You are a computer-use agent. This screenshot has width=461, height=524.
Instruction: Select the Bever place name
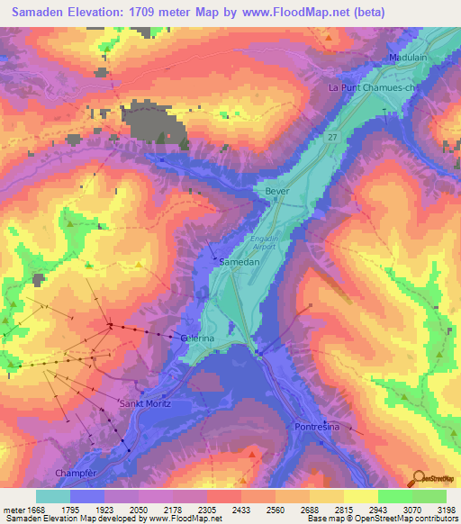tap(276, 192)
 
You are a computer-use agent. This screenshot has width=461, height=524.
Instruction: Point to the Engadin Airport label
tap(264, 241)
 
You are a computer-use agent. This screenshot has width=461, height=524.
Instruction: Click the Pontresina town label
tap(317, 427)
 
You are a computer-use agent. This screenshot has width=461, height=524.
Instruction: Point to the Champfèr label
tap(100, 473)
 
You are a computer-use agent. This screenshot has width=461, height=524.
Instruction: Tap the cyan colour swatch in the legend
tap(52, 496)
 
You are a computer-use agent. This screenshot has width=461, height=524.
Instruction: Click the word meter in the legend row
tap(14, 510)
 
